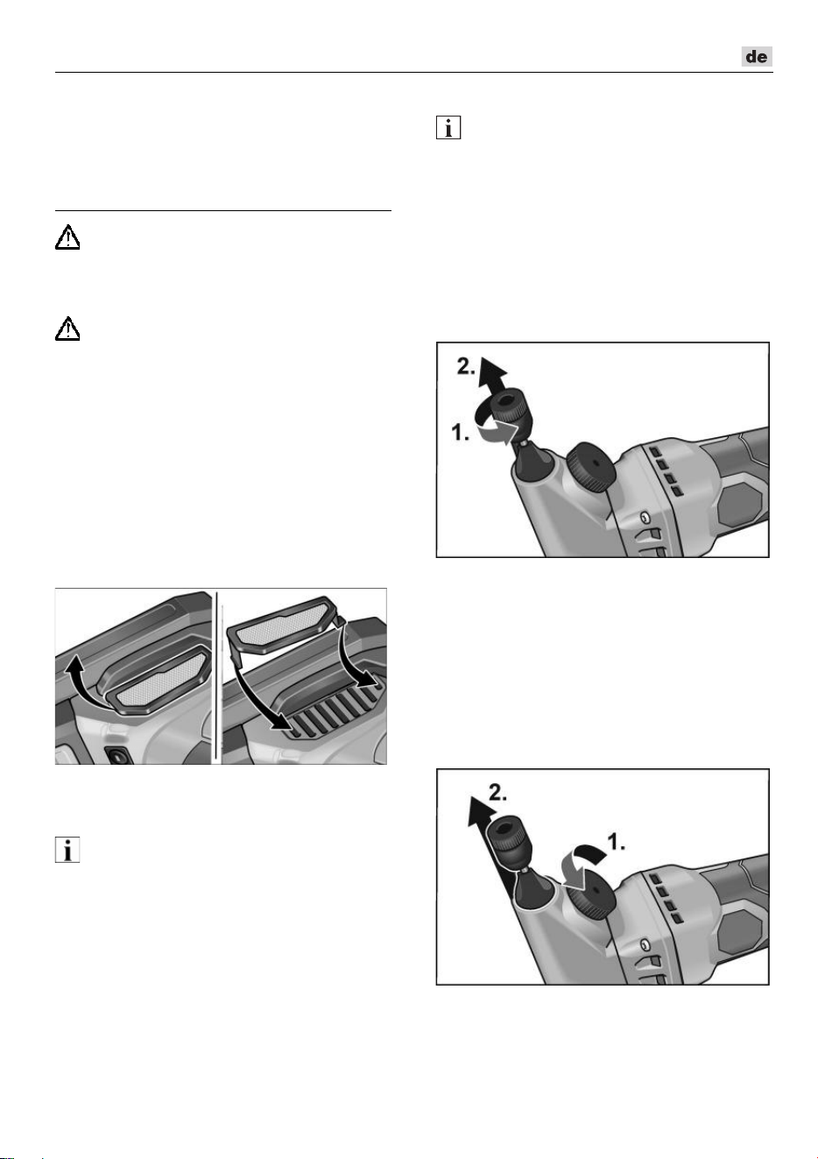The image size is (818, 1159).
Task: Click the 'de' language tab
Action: tap(757, 56)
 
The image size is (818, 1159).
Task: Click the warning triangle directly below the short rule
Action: tap(67, 238)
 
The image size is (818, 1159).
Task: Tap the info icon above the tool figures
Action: tap(448, 127)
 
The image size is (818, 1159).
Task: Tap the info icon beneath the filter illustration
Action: tap(67, 850)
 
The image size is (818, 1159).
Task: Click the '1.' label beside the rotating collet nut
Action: tap(461, 432)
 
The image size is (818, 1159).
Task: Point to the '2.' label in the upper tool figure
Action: tap(466, 366)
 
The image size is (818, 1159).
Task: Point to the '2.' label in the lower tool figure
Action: tap(497, 793)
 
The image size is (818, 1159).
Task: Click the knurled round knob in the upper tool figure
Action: tap(589, 467)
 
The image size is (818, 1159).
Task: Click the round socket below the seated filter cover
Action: tap(118, 756)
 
